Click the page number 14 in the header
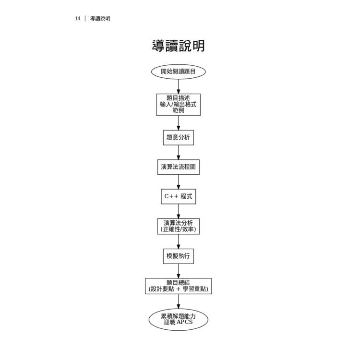click(77, 19)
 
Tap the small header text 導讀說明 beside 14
click(100, 19)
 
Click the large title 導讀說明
click(178, 46)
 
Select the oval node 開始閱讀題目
click(178, 72)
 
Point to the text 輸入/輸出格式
click(178, 104)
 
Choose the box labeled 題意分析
click(178, 137)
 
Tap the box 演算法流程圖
click(178, 167)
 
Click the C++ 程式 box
click(178, 196)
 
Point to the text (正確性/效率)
click(178, 229)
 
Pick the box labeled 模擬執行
click(178, 256)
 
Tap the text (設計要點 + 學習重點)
click(178, 289)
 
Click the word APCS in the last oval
click(184, 323)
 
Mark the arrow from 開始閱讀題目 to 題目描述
click(178, 86)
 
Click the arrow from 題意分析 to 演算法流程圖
click(178, 152)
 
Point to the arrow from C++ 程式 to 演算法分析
click(178, 211)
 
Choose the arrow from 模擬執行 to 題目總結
click(178, 271)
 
